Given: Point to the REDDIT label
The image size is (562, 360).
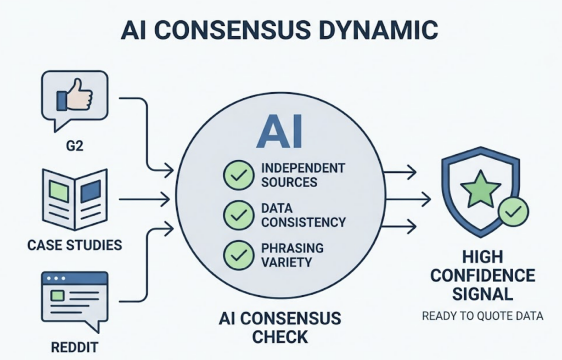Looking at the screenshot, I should [x=75, y=347].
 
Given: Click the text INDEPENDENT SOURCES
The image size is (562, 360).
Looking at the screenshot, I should [x=296, y=175].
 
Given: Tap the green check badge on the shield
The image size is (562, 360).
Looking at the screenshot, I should [x=513, y=213].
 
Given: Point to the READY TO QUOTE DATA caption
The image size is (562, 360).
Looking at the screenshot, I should [x=482, y=316].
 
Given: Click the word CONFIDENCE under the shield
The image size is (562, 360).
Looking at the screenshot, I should [x=482, y=275].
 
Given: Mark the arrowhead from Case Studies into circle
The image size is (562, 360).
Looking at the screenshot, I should [x=167, y=199].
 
